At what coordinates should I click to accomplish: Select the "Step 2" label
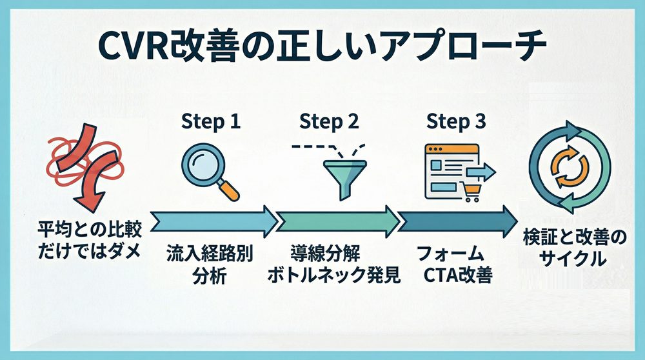click(x=329, y=121)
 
